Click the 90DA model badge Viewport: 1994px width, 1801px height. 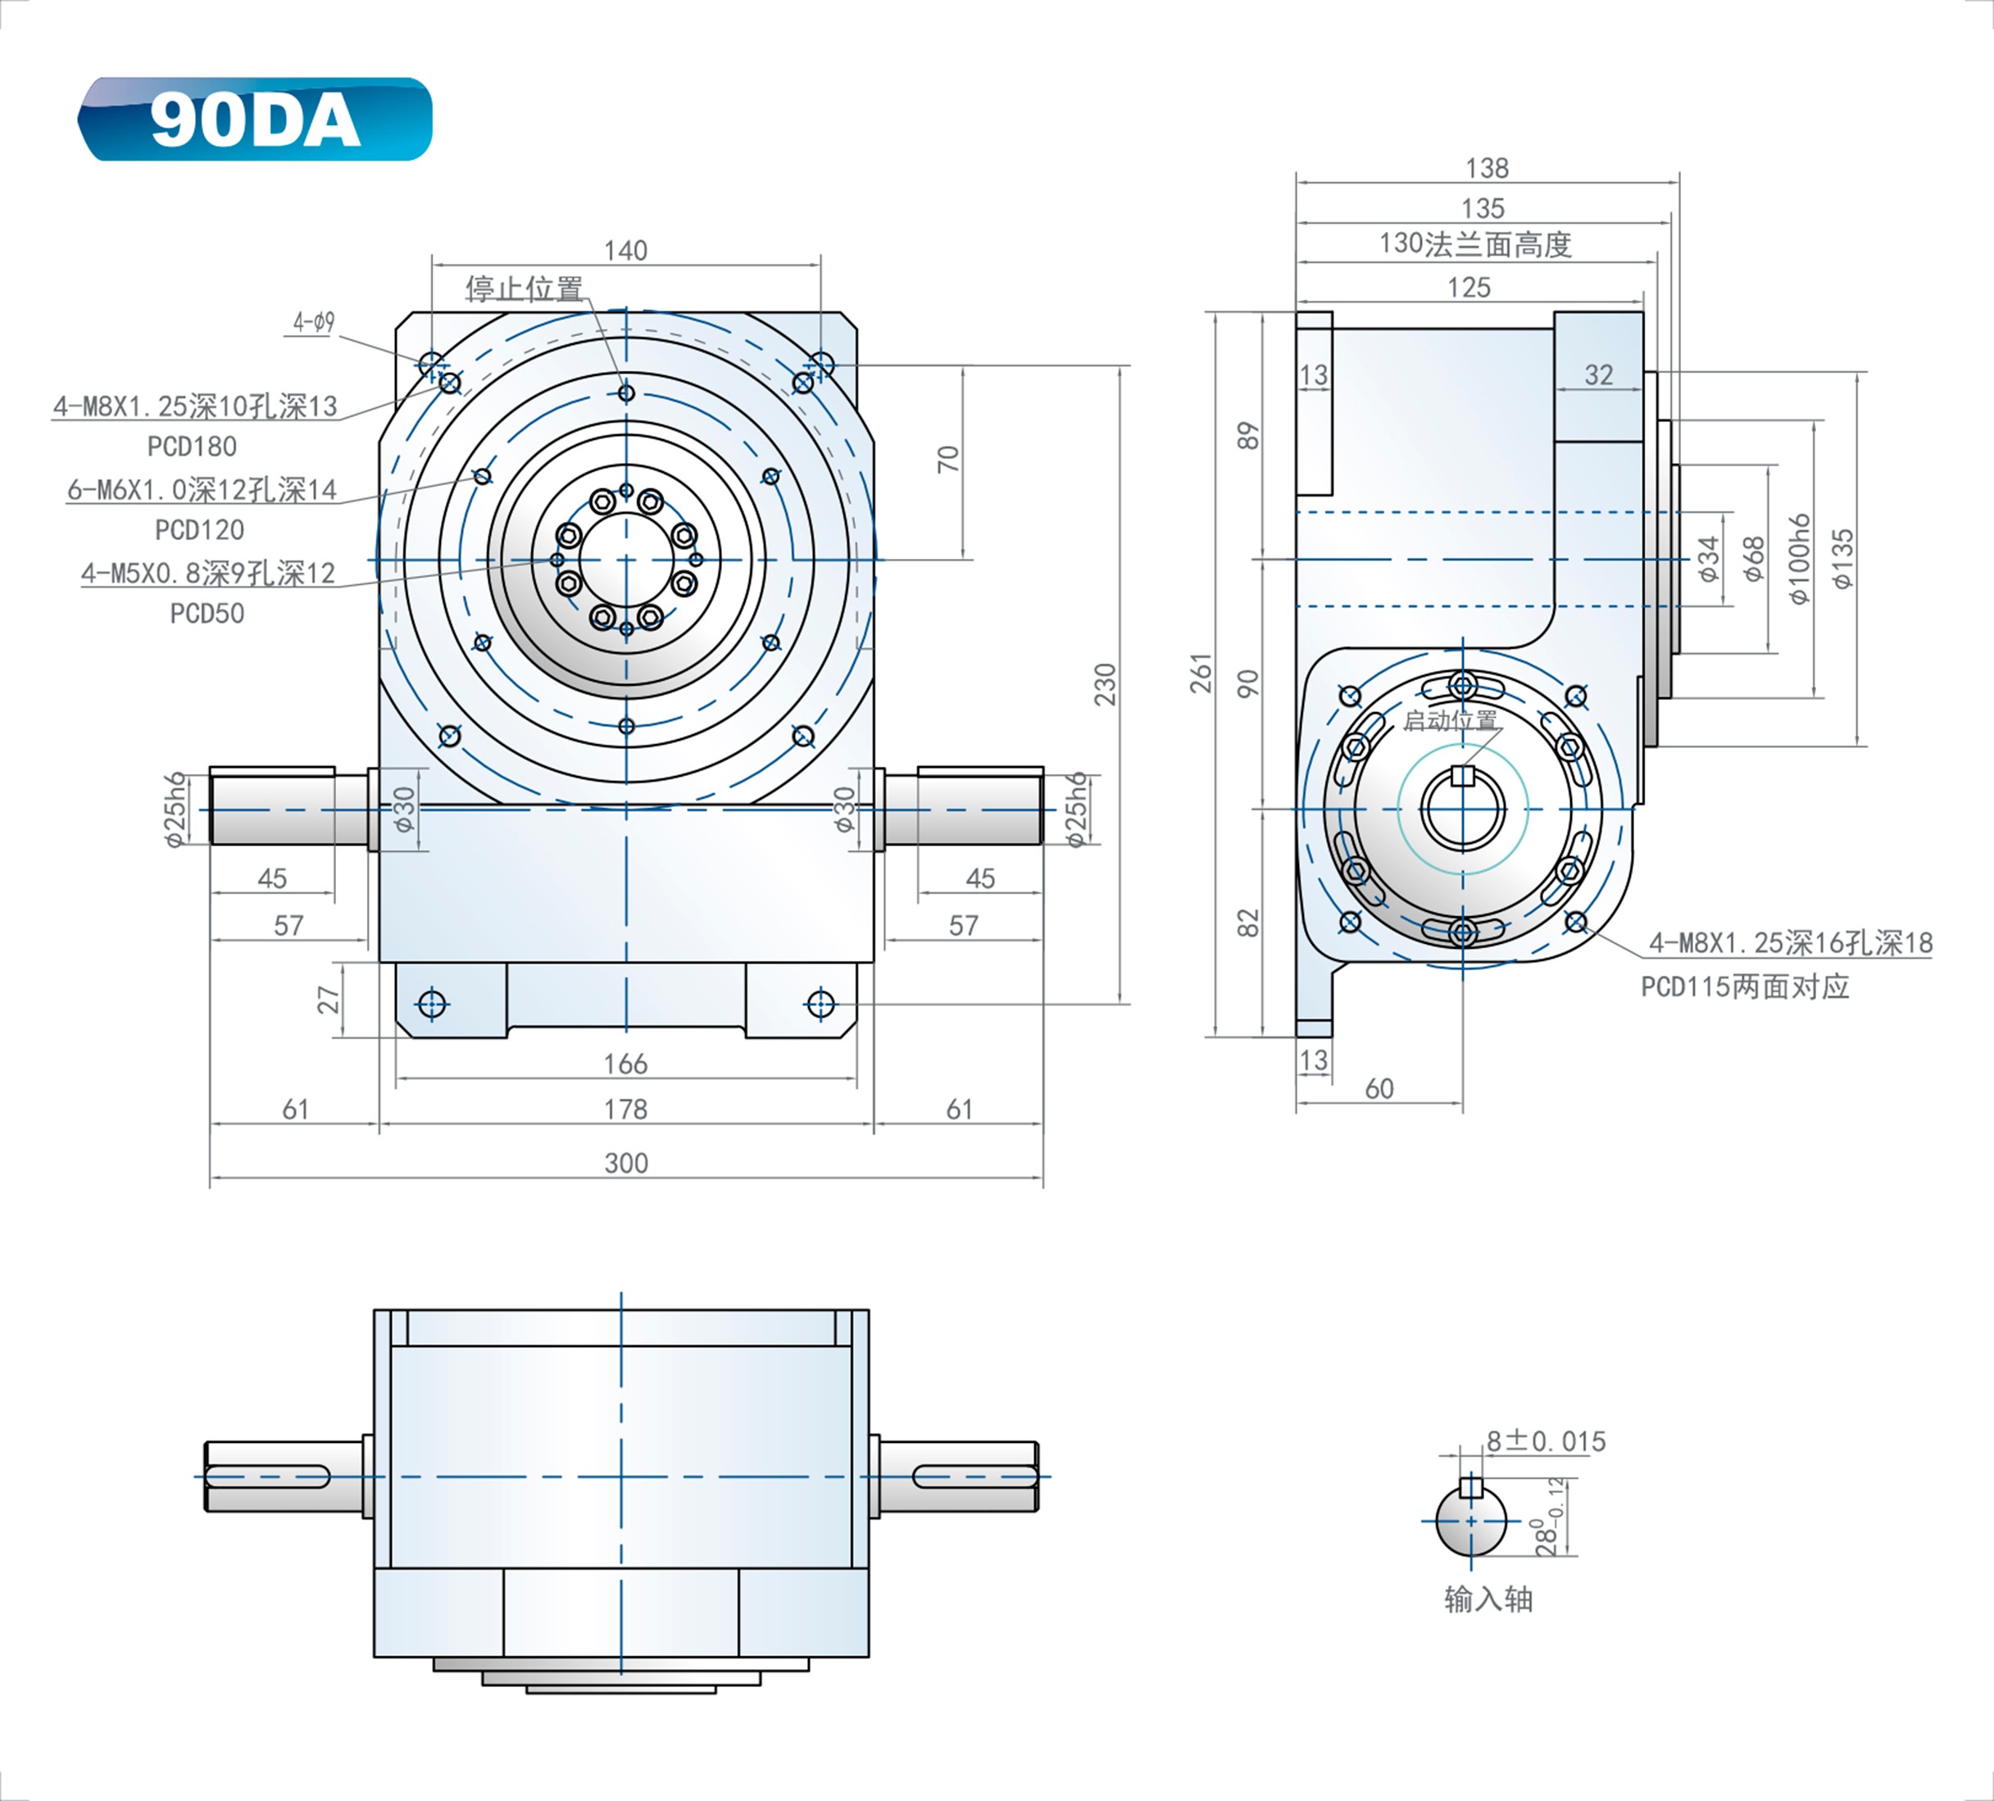(x=255, y=120)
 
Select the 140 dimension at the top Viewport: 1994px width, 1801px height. (x=625, y=250)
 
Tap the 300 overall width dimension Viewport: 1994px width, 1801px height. (x=625, y=1162)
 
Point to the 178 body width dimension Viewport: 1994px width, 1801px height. (x=625, y=1109)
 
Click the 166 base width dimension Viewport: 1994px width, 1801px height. (x=625, y=1064)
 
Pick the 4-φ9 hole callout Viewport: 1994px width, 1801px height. (x=314, y=322)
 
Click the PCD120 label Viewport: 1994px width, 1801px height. (x=199, y=530)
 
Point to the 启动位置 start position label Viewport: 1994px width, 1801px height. (x=1450, y=721)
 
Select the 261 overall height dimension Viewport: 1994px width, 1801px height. (x=1201, y=673)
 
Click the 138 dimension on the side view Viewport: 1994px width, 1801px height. (x=1487, y=168)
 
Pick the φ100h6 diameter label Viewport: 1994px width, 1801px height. (x=1799, y=559)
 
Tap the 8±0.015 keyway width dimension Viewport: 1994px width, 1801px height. (x=1546, y=1441)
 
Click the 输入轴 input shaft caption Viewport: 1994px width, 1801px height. (x=1488, y=1599)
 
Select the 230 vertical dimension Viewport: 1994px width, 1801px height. (x=1105, y=684)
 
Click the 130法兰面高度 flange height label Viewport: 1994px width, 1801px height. (x=1474, y=244)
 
